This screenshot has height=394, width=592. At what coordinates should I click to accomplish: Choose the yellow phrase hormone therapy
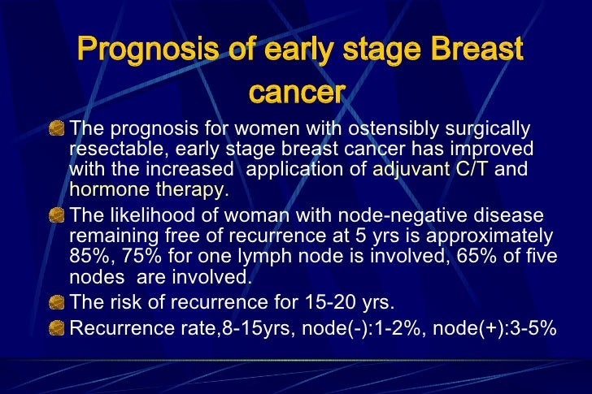pos(148,190)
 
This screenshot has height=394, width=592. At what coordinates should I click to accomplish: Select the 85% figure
pos(89,257)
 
